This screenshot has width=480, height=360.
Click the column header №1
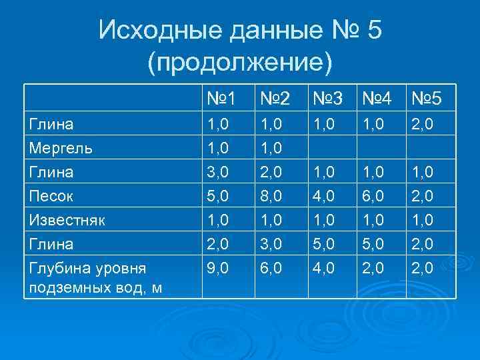pos(221,99)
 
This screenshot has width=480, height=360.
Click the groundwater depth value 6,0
pos(272,268)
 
